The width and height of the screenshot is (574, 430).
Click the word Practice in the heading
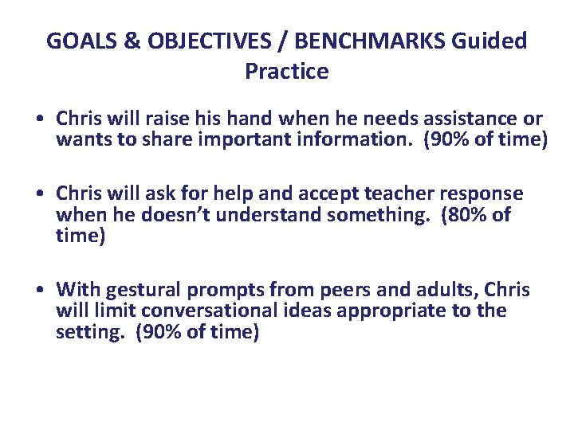pyautogui.click(x=287, y=72)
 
